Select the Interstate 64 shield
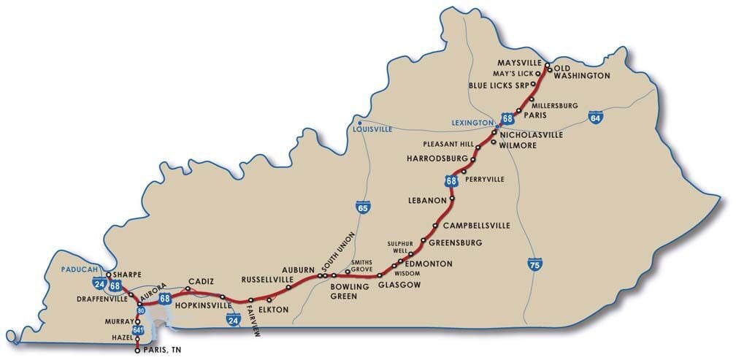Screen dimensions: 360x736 click(x=596, y=116)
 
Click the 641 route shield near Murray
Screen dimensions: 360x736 click(x=139, y=330)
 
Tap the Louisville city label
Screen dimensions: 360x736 click(x=372, y=129)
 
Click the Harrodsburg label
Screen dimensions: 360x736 click(x=437, y=158)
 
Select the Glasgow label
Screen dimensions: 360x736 click(x=399, y=285)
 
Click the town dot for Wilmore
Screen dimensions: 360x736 click(x=494, y=142)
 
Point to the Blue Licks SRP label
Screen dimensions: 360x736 click(x=497, y=85)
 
